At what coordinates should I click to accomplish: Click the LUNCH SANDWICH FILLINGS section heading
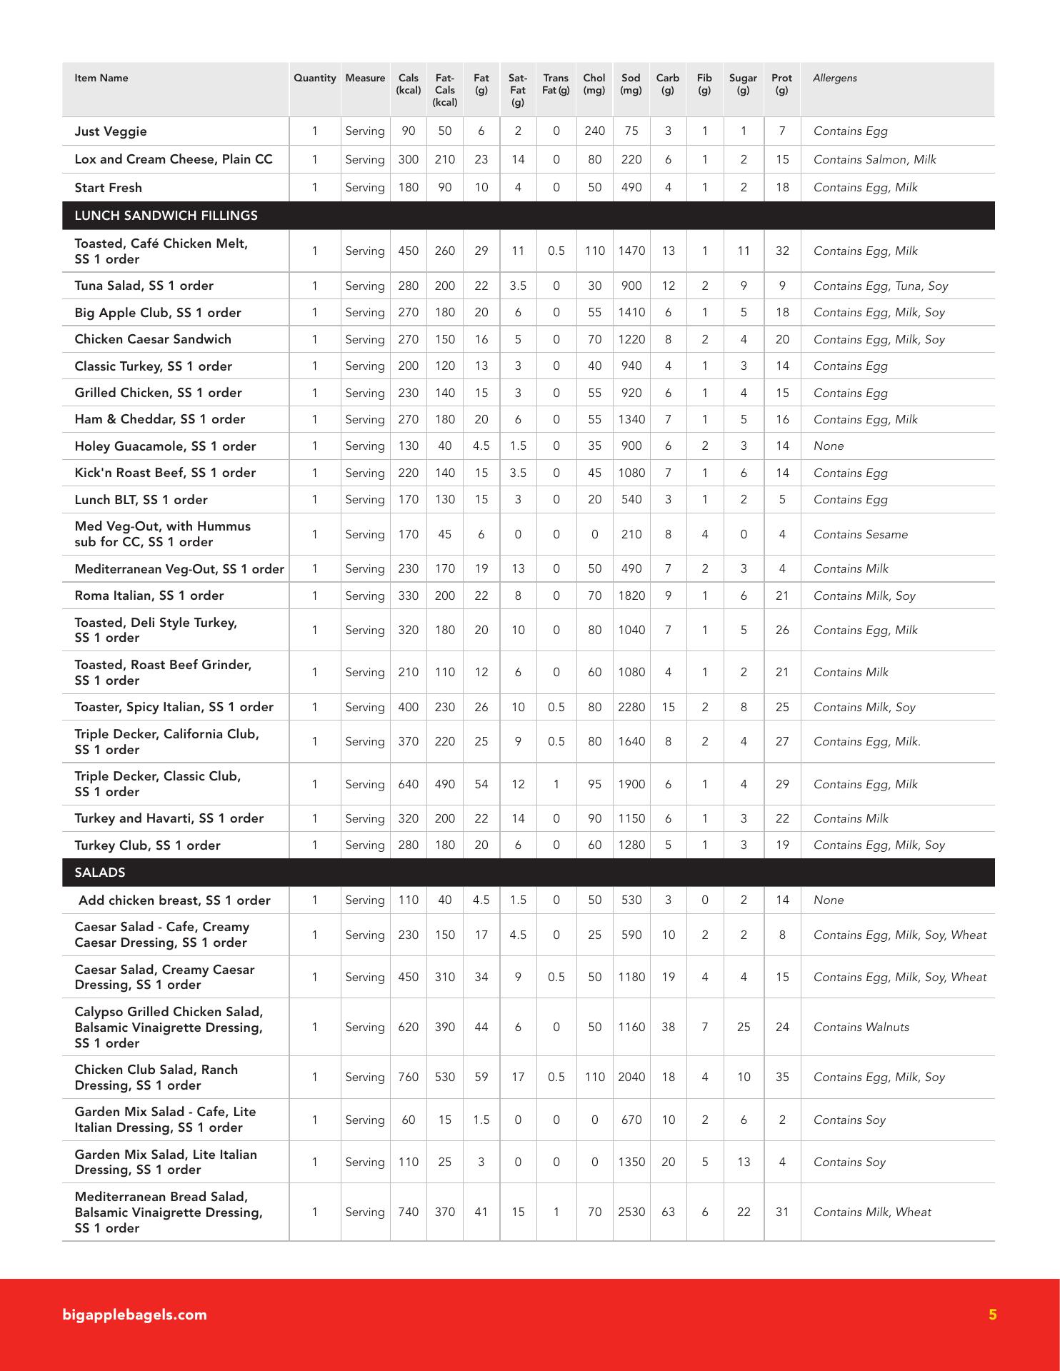[166, 216]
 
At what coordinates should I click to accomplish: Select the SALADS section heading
[100, 873]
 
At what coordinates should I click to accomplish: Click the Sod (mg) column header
[631, 84]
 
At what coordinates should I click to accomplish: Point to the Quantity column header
[314, 79]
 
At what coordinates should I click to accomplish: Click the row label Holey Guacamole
[165, 446]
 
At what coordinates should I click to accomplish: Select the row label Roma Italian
[149, 596]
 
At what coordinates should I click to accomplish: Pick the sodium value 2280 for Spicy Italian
[631, 707]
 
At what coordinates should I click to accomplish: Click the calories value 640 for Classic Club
[408, 784]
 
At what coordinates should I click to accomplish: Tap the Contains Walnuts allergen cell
[861, 1027]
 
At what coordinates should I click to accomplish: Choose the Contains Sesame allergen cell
[860, 534]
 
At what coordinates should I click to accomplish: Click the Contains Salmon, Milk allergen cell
[874, 159]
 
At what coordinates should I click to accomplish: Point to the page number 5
[992, 1315]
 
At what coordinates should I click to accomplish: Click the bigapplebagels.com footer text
[134, 1315]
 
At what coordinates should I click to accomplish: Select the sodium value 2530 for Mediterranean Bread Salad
[631, 1212]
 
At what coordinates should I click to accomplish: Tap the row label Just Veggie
[111, 131]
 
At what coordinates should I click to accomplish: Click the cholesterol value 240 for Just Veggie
[594, 131]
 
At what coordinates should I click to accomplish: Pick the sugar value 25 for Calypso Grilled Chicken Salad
[743, 1027]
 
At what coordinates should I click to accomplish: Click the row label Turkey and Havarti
[169, 818]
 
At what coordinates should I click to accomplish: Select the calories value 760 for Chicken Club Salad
[408, 1077]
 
